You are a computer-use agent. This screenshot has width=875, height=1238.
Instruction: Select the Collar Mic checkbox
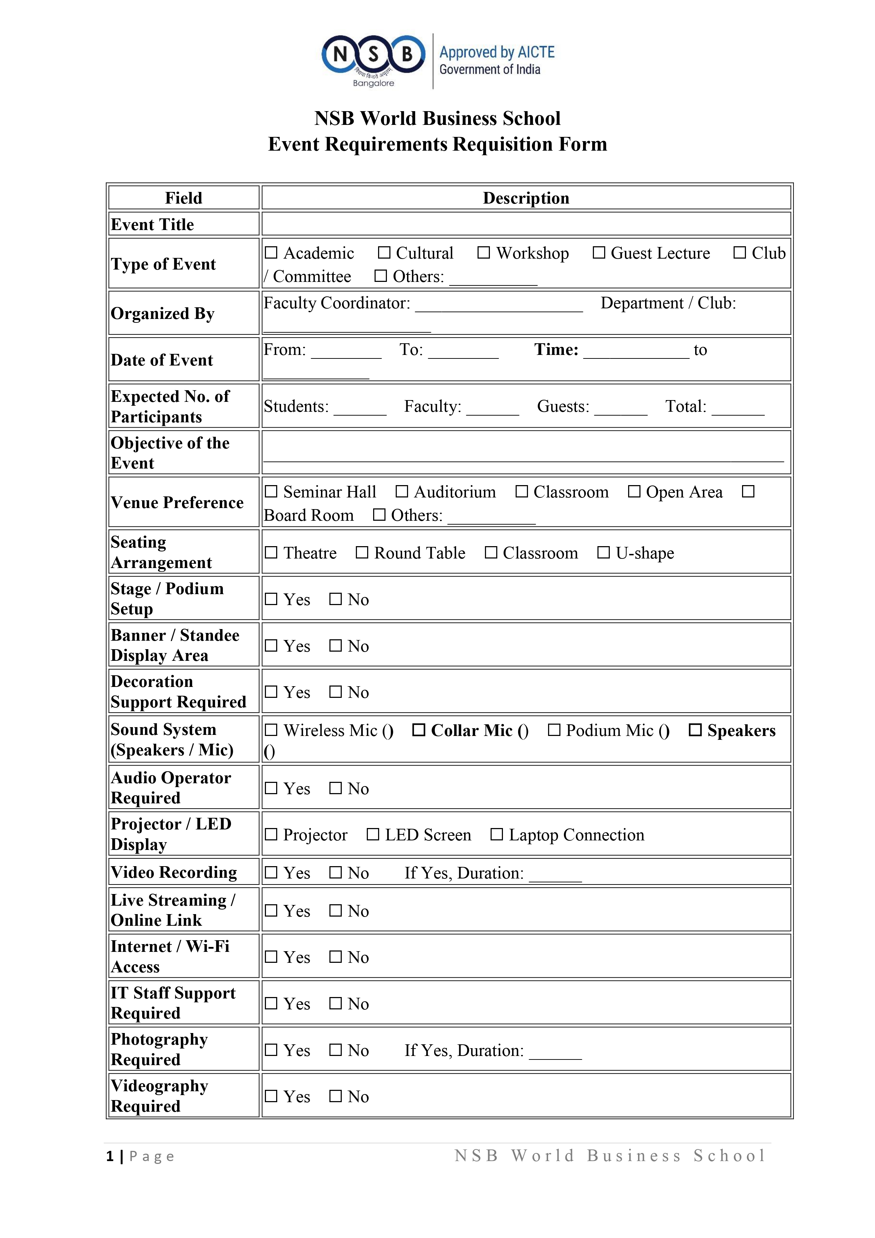pyautogui.click(x=418, y=730)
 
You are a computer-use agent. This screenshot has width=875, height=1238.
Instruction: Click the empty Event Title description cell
pyautogui.click(x=525, y=224)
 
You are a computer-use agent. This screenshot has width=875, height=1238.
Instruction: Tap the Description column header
pyautogui.click(x=525, y=198)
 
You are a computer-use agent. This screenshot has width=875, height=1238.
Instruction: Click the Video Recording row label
pyautogui.click(x=174, y=872)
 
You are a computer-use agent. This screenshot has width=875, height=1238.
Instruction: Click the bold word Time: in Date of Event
pyautogui.click(x=556, y=349)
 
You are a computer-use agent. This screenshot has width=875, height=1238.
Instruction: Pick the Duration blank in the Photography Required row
pyautogui.click(x=555, y=1052)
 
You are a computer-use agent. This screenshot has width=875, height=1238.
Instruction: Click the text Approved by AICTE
pyautogui.click(x=497, y=52)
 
